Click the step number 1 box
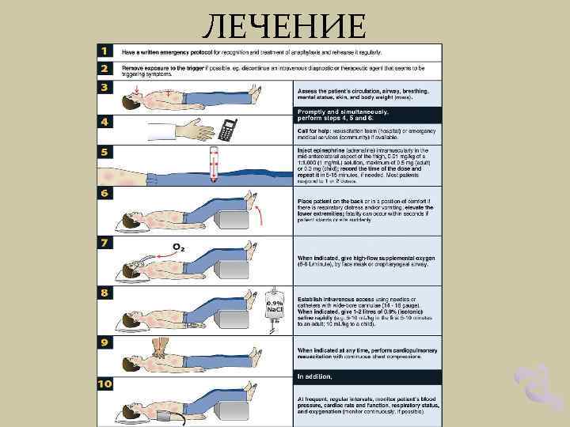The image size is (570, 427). click(x=104, y=51)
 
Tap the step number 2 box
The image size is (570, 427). click(x=104, y=70)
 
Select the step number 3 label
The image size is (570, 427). click(x=104, y=86)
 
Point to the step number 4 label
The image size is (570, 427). click(x=104, y=123)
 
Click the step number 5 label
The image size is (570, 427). click(x=104, y=151)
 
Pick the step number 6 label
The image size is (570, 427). click(x=104, y=193)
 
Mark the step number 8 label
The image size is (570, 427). click(x=104, y=292)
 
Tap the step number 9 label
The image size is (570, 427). click(x=104, y=342)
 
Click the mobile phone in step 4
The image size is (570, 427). click(x=229, y=130)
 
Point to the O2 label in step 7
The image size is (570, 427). click(x=180, y=247)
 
